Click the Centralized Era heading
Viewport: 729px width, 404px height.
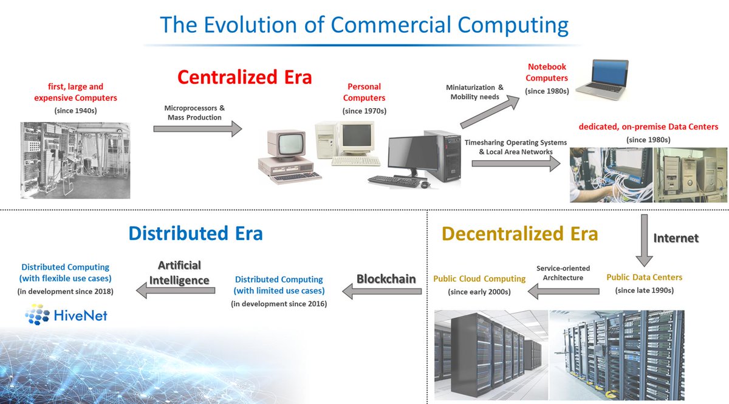244,77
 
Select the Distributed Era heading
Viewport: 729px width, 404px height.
195,233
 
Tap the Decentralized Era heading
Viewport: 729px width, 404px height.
519,234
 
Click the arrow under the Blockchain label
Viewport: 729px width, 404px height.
382,292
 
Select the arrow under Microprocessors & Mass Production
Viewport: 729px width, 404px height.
197,128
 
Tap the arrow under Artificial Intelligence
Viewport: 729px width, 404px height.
175,292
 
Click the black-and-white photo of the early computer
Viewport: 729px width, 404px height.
75,160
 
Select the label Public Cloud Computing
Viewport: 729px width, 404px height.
479,279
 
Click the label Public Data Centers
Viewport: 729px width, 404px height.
644,278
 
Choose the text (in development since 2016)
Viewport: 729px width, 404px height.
279,303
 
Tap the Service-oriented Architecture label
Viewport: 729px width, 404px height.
563,273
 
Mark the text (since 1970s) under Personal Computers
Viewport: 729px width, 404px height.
364,111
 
